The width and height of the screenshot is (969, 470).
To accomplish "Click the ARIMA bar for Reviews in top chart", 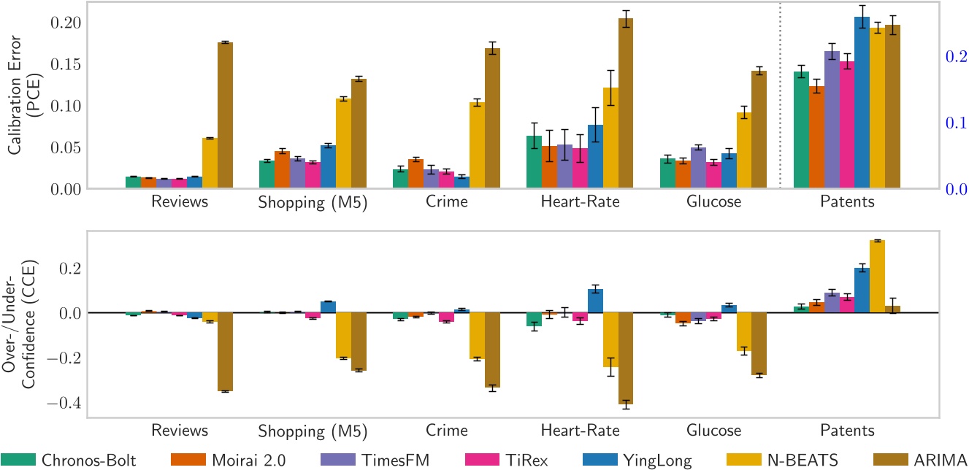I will pyautogui.click(x=225, y=115).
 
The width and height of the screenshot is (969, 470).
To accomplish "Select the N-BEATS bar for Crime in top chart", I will pyautogui.click(x=477, y=145).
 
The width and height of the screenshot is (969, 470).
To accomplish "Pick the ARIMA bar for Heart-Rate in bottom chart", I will pyautogui.click(x=626, y=358).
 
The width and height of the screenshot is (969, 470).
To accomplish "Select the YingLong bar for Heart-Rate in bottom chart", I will pyautogui.click(x=595, y=301).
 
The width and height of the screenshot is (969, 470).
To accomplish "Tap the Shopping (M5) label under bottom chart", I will pyautogui.click(x=312, y=429).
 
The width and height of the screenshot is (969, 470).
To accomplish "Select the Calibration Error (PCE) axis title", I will pyautogui.click(x=22, y=96).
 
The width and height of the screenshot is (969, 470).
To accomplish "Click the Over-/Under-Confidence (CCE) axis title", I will pyautogui.click(x=22, y=325).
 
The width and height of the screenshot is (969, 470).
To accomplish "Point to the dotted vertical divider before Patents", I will pyautogui.click(x=781, y=95).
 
